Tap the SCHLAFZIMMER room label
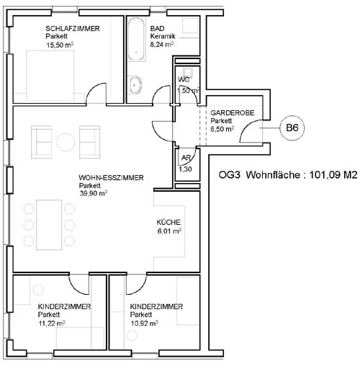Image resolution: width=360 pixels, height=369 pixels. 73,29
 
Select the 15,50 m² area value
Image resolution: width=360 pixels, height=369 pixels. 60,45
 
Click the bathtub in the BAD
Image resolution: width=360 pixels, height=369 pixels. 136,40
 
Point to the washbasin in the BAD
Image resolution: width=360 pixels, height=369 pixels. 135,85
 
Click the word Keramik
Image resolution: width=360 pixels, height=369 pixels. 163,36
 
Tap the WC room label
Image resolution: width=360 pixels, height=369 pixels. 184,79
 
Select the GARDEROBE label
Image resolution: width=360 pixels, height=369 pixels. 233,112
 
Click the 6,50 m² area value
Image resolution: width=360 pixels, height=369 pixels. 222,129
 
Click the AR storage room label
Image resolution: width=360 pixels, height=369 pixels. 186,158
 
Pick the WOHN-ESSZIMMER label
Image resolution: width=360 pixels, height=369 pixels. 111,178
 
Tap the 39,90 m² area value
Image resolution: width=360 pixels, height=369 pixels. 94,193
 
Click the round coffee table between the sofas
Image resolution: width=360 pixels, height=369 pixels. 66,142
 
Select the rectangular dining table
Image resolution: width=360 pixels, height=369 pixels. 49,225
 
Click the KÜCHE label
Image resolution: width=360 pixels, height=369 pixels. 168,222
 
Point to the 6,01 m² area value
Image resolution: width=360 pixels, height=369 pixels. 169,231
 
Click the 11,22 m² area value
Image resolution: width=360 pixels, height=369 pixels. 52,324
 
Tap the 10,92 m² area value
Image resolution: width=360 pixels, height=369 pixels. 144,324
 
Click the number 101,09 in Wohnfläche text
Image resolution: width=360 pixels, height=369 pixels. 325,175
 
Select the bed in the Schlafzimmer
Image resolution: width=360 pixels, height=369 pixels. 50,76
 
